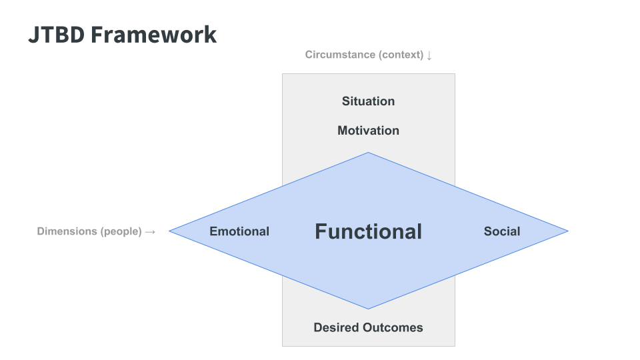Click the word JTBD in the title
[56, 35]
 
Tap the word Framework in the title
[154, 35]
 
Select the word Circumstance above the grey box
[341, 55]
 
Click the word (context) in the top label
[401, 55]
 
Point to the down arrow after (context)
[429, 55]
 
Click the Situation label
[368, 101]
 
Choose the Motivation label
[368, 130]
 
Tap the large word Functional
[368, 231]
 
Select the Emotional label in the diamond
[239, 231]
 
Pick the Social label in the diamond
[502, 231]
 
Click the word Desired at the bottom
[337, 327]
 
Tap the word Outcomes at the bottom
[393, 327]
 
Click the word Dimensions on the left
[67, 231]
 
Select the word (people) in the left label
[121, 231]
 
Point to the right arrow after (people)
[150, 232]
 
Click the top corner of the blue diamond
[368, 153]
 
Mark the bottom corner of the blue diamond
[368, 309]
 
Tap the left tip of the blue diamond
[169, 231]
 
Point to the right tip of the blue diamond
[568, 231]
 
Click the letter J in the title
[33, 35]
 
